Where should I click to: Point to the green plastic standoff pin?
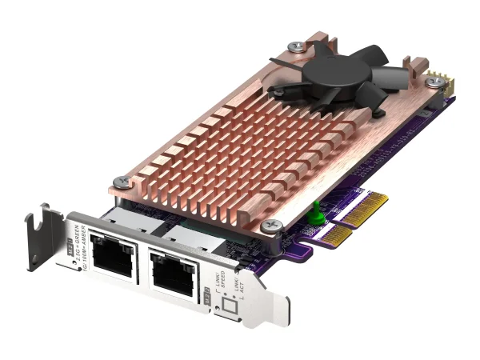[x=315, y=210]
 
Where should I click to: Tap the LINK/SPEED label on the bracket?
[x=217, y=279]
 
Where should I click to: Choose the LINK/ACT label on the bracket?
[x=226, y=284]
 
